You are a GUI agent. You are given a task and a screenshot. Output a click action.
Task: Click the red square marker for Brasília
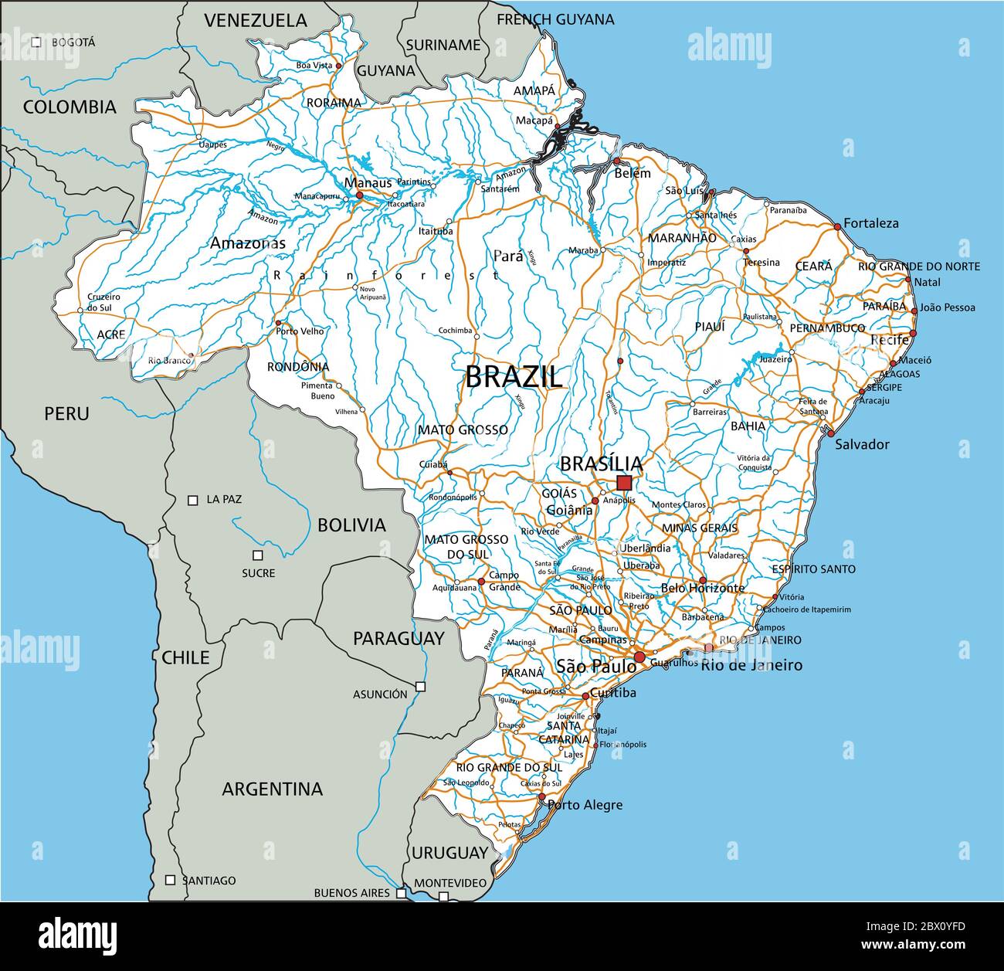[624, 483]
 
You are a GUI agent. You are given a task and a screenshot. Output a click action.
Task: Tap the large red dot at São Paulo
[639, 657]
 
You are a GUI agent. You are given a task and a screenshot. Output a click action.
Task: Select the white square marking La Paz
[193, 500]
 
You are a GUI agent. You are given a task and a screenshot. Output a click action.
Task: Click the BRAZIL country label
[514, 377]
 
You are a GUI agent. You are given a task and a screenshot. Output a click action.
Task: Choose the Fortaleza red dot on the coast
[837, 226]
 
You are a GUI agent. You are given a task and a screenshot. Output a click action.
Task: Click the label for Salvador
[862, 445]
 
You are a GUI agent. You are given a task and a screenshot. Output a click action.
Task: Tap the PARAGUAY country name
[399, 638]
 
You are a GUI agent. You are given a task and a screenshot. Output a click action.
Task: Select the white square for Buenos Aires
[401, 893]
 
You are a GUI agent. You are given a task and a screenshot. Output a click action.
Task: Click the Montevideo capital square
[443, 897]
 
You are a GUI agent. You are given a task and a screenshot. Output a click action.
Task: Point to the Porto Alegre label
[585, 805]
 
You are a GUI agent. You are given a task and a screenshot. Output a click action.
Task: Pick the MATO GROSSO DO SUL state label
[466, 547]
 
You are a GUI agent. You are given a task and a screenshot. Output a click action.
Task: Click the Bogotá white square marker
[36, 42]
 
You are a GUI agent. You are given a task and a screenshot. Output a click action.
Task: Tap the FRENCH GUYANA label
[555, 19]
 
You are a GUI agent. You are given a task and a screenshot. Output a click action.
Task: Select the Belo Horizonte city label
[703, 588]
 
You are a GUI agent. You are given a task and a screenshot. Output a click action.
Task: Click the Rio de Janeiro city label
[751, 665]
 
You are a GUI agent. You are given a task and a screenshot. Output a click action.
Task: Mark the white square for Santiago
[170, 880]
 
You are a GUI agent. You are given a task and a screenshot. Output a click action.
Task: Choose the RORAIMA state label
[334, 103]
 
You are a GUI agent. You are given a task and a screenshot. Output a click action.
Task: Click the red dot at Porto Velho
[278, 324]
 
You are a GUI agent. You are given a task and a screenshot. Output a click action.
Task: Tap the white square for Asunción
[420, 686]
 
